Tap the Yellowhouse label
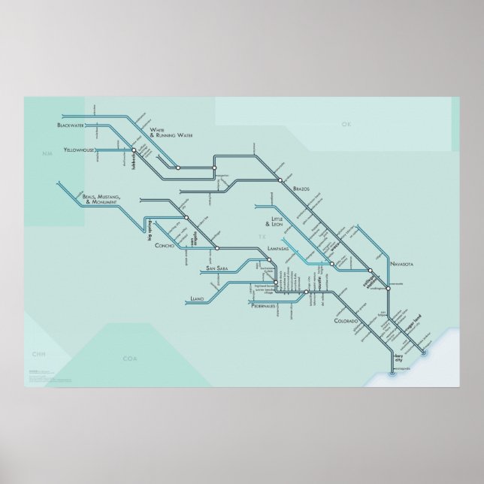point(78,150)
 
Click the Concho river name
point(165,246)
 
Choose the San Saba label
point(217,268)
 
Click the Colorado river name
point(331,321)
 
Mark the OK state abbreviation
point(346,124)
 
